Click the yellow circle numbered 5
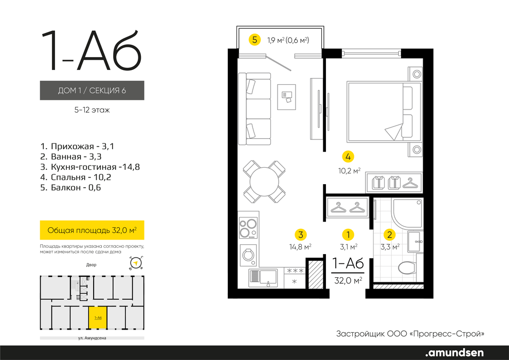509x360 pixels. (254, 40)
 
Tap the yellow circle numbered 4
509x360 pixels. (348, 157)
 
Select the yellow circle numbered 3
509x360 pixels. (301, 235)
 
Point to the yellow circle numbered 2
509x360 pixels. (390, 235)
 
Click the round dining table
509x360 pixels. (264, 182)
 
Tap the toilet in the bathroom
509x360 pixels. (408, 268)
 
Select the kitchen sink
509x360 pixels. (263, 278)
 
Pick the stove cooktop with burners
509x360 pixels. (248, 228)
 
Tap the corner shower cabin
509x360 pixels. (408, 213)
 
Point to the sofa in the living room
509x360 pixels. (254, 109)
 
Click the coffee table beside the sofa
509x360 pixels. (286, 97)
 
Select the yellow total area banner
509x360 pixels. (92, 230)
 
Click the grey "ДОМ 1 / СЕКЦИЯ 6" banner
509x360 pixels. (92, 90)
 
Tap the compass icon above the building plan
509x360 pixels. (136, 263)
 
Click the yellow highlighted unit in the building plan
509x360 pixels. (98, 318)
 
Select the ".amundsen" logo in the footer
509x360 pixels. (454, 352)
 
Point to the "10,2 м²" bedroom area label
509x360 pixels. (349, 171)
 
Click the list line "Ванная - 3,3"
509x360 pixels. (71, 156)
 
